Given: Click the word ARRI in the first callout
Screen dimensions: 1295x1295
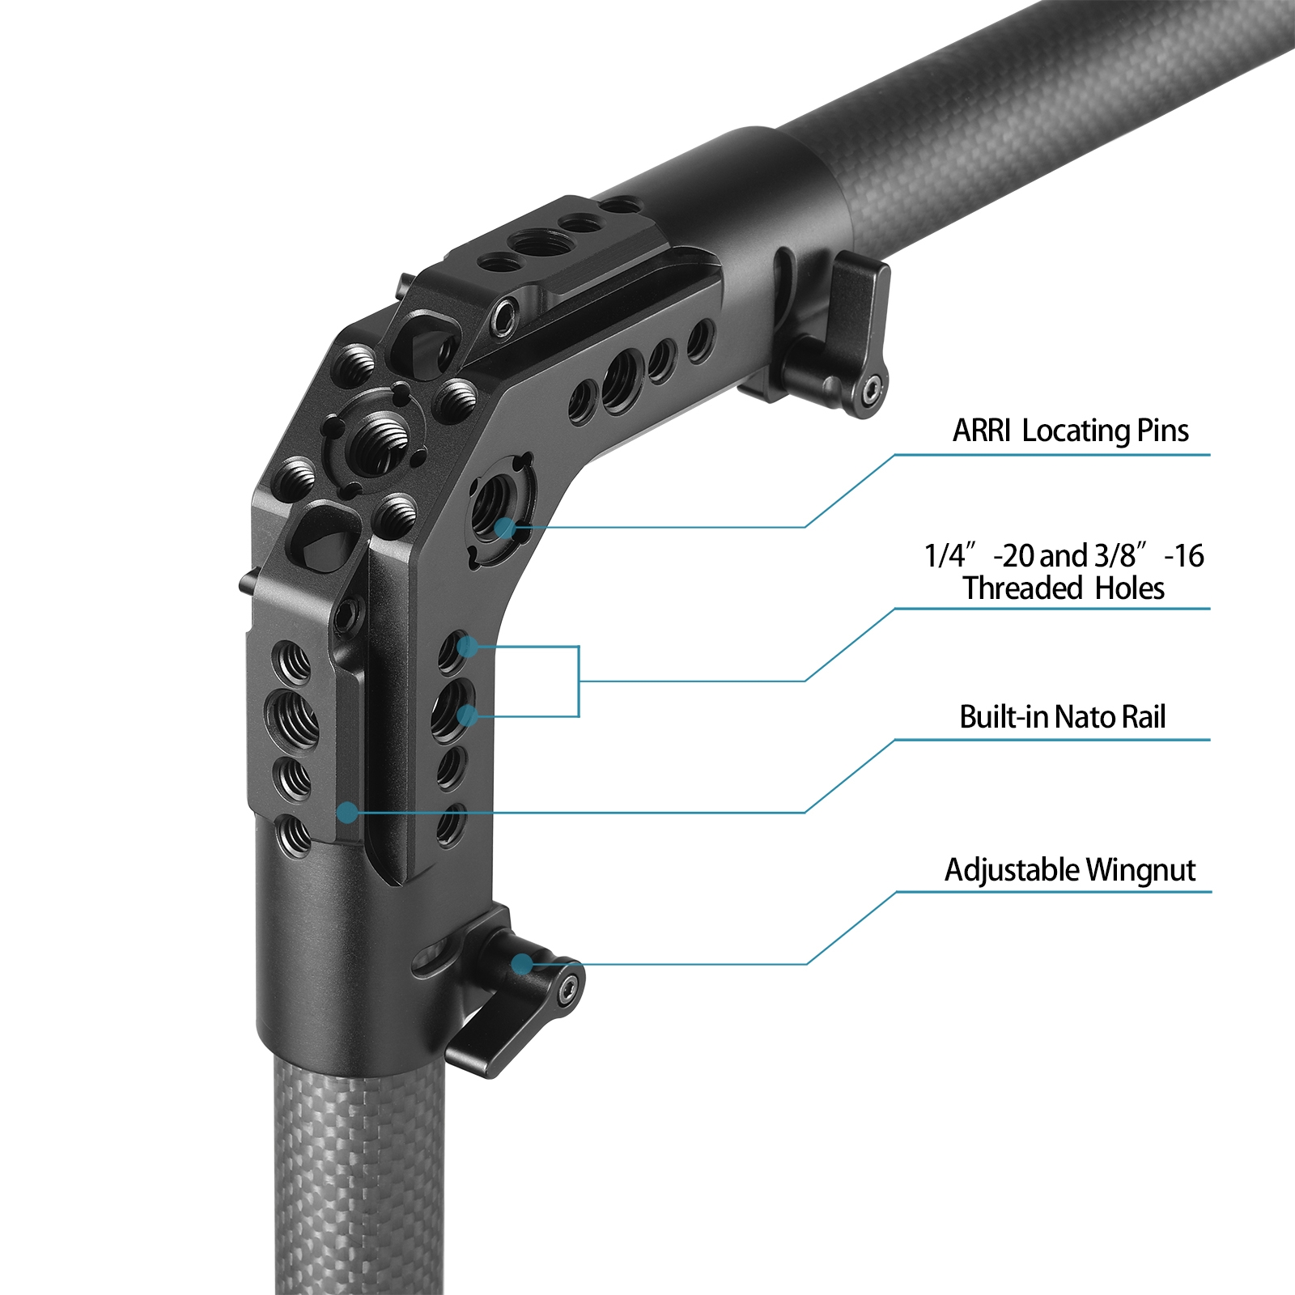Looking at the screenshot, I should pos(981,431).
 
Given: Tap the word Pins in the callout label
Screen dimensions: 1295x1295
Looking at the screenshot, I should pos(1162,431).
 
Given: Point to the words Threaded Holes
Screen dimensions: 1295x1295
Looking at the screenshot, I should pos(1064,588).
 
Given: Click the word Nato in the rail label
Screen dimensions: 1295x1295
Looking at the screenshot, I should pos(1077,717).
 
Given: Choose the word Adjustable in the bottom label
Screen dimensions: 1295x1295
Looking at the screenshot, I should pos(1012,870).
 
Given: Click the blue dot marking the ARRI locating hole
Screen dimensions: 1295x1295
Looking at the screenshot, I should pos(505,529).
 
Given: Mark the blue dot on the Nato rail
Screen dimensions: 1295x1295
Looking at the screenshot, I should pos(347,811).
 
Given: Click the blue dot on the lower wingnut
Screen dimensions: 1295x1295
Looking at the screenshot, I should pos(522,963).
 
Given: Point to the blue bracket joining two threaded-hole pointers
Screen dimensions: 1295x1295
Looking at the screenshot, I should pos(578,681).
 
